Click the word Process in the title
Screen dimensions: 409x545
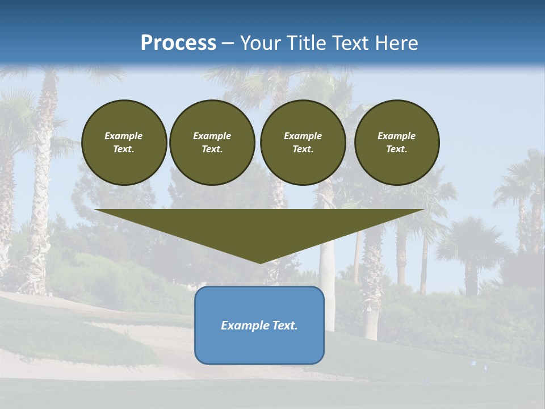(x=178, y=43)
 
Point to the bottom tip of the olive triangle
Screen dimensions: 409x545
(x=260, y=262)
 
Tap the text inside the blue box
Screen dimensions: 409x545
(x=259, y=325)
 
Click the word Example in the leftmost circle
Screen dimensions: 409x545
(x=124, y=136)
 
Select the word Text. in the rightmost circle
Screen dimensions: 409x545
(x=396, y=149)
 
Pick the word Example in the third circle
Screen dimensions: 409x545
(x=303, y=136)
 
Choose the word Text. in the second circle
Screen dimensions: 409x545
(x=212, y=149)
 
